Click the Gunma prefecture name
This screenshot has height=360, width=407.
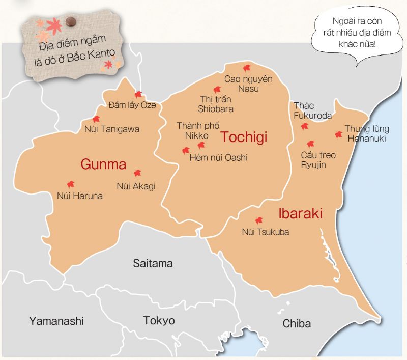point(103,164)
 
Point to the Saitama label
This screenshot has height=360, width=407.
point(153,263)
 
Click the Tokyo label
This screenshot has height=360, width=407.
point(159,320)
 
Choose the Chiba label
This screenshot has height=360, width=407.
point(297,323)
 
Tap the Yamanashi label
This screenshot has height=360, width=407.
point(56,321)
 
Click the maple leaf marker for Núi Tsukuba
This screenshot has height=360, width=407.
point(259,220)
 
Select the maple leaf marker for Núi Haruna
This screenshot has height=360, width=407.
point(71,184)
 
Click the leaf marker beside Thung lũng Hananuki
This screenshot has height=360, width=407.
point(338,134)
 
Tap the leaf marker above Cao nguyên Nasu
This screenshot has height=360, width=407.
point(247,68)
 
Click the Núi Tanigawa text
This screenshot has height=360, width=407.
point(112,129)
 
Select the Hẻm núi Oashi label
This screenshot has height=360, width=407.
point(218,158)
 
